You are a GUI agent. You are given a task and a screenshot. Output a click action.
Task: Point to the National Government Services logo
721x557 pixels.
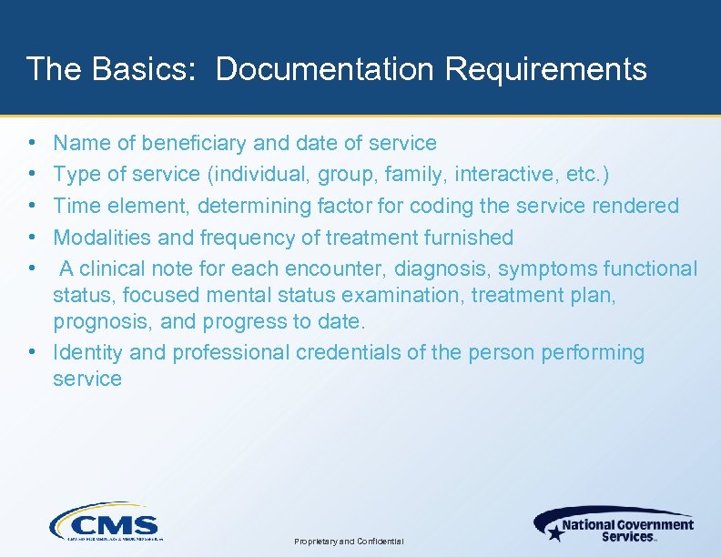[x=614, y=525]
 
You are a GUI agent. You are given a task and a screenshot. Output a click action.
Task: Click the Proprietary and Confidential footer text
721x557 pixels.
[x=349, y=542]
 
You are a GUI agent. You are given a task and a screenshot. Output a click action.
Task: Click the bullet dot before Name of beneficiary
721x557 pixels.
[x=32, y=143]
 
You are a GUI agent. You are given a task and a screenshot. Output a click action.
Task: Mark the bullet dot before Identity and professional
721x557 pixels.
[x=32, y=352]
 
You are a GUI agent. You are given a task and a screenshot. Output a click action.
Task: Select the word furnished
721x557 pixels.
[x=468, y=238]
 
